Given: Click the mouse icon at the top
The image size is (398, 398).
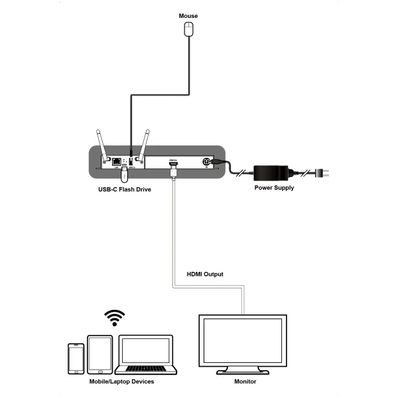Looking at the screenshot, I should point(190,29).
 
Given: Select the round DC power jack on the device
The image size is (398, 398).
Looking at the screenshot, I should point(206,162).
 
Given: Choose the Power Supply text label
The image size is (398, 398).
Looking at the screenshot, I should point(274,188).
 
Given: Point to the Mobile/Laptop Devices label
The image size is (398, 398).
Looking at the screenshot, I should point(121,382).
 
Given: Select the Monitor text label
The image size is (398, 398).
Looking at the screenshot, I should point(245,383).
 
